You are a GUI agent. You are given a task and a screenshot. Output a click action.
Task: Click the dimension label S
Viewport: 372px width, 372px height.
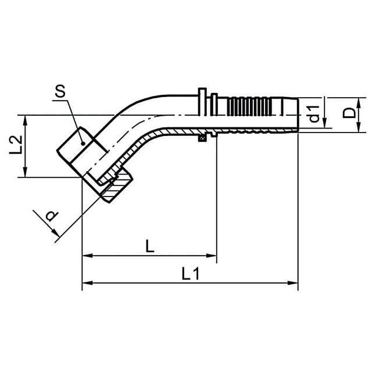pyautogui.click(x=60, y=91)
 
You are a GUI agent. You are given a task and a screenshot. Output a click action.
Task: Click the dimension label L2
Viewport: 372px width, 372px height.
pyautogui.click(x=16, y=145)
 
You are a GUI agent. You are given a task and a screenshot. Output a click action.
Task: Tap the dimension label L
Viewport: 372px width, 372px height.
pyautogui.click(x=150, y=246)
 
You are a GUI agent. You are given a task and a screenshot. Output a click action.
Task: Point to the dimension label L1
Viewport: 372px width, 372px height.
pyautogui.click(x=191, y=273)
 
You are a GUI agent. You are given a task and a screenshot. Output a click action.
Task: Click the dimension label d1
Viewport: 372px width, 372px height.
pyautogui.click(x=314, y=114)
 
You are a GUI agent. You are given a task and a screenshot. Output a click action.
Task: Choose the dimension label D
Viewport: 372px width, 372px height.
pyautogui.click(x=349, y=113)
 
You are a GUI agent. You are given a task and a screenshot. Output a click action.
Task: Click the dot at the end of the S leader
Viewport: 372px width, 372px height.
pyautogui.click(x=83, y=144)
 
